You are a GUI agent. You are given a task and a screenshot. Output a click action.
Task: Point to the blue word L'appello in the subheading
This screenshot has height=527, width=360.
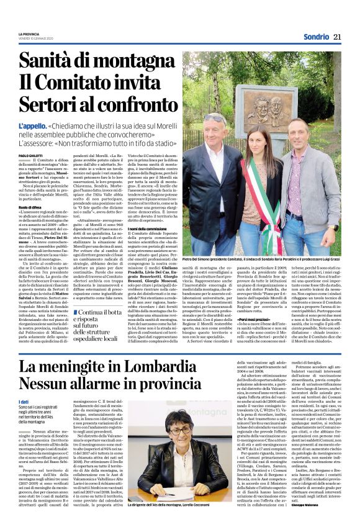31,125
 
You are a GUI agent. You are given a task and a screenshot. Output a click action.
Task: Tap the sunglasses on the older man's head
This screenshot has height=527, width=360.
215,115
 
